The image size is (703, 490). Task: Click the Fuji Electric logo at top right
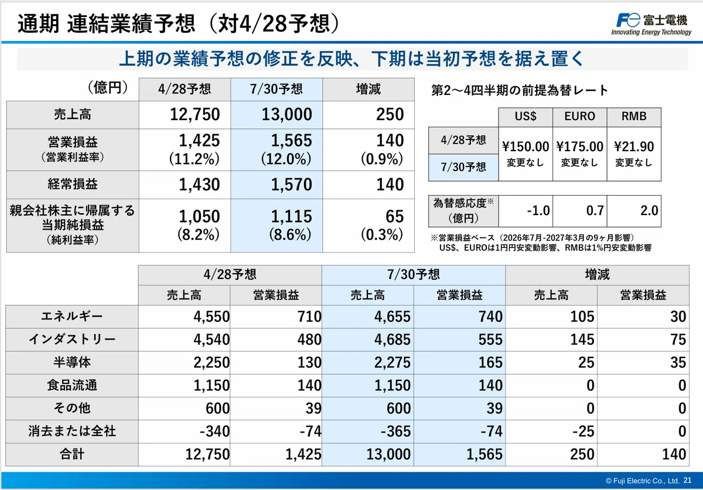point(651,24)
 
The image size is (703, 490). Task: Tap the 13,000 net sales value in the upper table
point(286,114)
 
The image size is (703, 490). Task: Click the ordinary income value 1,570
point(291,185)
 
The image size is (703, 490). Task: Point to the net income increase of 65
point(394,217)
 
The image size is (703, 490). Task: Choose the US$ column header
point(525,117)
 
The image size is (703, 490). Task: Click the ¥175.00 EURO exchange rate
point(579,147)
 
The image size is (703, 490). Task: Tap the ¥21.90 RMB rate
point(634,147)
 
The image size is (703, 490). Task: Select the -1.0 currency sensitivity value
point(538,210)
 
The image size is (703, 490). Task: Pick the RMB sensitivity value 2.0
point(649,210)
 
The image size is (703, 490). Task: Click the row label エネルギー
point(72,316)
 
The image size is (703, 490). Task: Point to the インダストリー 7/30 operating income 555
point(490,339)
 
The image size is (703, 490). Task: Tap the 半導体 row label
point(72,362)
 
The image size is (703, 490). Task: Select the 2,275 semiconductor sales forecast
point(393,363)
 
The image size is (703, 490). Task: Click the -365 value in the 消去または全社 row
point(395,431)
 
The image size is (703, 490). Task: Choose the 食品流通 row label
point(72,385)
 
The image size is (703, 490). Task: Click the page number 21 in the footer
point(687,480)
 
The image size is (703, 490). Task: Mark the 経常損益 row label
point(73,184)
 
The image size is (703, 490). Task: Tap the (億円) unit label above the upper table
point(108,87)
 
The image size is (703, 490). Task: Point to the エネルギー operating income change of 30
point(678,317)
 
